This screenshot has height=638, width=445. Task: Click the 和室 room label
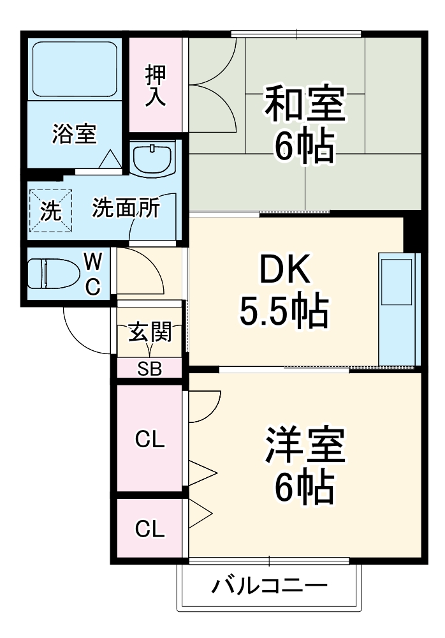point(305,105)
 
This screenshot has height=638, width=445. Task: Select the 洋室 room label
point(305,446)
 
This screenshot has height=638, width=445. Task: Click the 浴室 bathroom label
point(74,135)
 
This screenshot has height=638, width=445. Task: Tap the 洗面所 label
point(126,209)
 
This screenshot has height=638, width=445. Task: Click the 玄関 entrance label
point(150,333)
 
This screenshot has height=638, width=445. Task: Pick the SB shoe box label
point(149,368)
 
